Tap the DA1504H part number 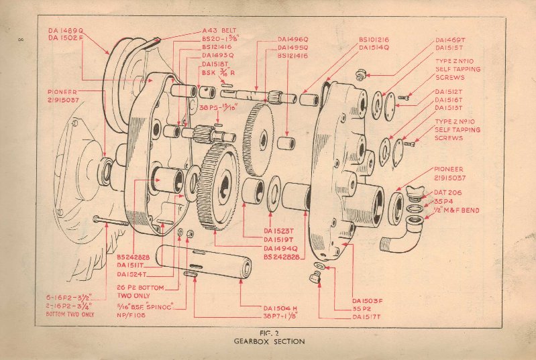click(x=280, y=308)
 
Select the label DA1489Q click(x=66, y=31)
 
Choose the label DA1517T click(x=368, y=316)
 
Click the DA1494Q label click(x=280, y=247)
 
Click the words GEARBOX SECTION click(x=268, y=341)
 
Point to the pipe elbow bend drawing click(x=396, y=231)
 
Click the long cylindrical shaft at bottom click(x=205, y=261)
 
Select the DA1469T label click(x=451, y=40)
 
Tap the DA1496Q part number click(x=294, y=40)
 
